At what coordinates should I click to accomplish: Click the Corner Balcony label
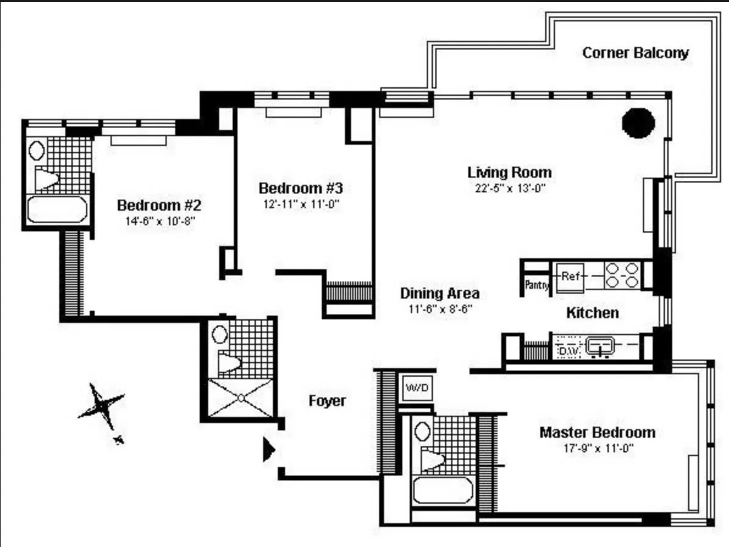[635, 53]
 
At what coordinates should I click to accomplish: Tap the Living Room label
[509, 172]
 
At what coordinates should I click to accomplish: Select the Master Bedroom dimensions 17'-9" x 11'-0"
[597, 447]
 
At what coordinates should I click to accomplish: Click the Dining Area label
[440, 293]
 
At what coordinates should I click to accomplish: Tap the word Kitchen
[592, 313]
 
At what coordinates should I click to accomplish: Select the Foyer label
[327, 401]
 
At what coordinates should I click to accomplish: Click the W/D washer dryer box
[418, 387]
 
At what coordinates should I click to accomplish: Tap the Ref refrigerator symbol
[570, 276]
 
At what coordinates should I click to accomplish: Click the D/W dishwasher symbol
[568, 350]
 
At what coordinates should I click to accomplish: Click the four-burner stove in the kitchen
[622, 275]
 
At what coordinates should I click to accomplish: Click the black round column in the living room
[638, 123]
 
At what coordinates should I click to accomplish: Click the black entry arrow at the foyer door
[269, 450]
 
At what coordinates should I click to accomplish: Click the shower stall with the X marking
[241, 398]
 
